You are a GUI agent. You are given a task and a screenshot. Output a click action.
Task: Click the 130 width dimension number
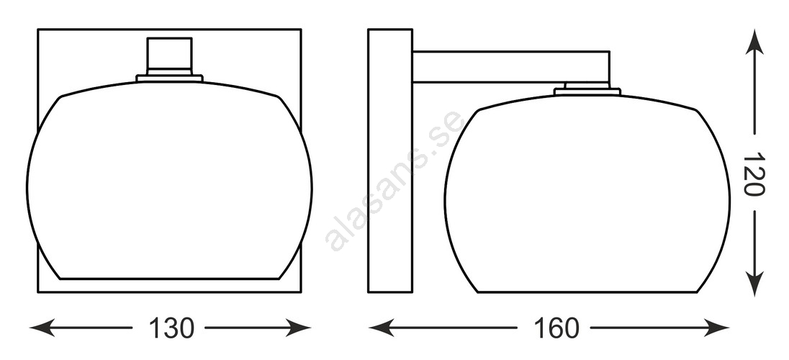tap(171, 329)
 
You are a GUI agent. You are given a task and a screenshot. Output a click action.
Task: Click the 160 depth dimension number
tap(556, 329)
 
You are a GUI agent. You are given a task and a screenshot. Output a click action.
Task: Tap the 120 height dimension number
tap(754, 174)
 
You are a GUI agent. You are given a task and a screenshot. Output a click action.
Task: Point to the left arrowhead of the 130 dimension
tap(42, 328)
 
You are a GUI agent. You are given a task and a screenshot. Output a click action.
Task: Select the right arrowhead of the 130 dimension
tap(298, 328)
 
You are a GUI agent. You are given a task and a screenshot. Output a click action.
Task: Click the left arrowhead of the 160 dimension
tap(381, 328)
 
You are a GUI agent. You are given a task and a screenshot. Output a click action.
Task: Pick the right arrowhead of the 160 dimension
tap(716, 328)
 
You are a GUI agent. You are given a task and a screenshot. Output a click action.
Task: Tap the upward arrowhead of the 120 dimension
tap(754, 41)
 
